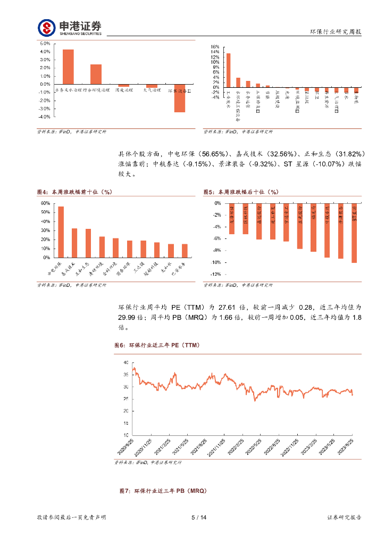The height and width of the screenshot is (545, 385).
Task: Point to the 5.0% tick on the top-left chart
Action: (45, 44)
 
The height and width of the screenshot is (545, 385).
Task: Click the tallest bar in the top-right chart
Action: (229, 70)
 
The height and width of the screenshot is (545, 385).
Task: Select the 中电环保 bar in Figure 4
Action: (61, 232)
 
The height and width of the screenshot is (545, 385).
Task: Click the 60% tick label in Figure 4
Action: (45, 203)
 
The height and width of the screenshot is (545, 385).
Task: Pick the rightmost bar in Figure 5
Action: (354, 233)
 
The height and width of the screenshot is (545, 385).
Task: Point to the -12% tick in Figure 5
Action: (216, 274)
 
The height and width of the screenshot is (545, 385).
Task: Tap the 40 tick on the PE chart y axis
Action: (125, 362)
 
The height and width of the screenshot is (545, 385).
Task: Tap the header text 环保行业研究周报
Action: (336, 32)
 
